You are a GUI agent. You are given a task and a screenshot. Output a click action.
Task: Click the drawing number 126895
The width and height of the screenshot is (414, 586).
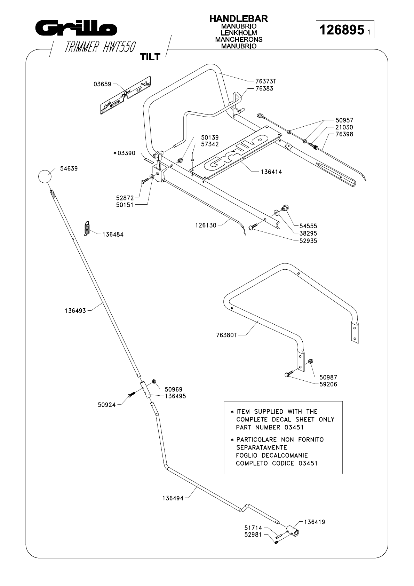tap(341, 30)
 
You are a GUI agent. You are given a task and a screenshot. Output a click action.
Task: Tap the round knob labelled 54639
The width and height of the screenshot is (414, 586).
tap(45, 176)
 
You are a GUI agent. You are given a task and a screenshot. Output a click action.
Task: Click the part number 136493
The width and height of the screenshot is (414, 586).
tap(75, 310)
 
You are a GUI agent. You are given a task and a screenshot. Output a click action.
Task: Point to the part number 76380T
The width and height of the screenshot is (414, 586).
tap(226, 335)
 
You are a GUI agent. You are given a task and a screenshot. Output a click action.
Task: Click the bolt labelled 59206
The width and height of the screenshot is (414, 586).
tap(287, 374)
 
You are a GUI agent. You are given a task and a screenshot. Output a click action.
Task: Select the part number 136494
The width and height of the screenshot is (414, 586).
tap(173, 498)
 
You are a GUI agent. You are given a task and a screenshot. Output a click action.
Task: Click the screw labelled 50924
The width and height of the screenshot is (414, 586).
tap(132, 395)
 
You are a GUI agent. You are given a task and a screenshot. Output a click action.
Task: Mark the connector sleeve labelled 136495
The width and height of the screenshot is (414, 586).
tap(145, 390)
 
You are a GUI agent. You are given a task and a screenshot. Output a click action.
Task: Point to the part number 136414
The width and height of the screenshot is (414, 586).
tap(271, 172)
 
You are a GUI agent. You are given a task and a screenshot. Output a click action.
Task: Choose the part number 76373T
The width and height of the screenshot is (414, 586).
tap(265, 81)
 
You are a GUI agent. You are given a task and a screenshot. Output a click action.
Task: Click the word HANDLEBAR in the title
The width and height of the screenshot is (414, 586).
tap(238, 19)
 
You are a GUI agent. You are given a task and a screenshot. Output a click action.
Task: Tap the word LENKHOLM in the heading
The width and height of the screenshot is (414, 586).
tap(238, 33)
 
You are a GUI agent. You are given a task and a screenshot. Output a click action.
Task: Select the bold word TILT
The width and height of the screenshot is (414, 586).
tap(150, 57)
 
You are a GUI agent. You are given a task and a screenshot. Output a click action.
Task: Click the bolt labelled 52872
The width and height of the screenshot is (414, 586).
tap(144, 181)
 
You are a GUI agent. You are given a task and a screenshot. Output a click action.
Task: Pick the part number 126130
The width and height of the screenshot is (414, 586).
tap(205, 225)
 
